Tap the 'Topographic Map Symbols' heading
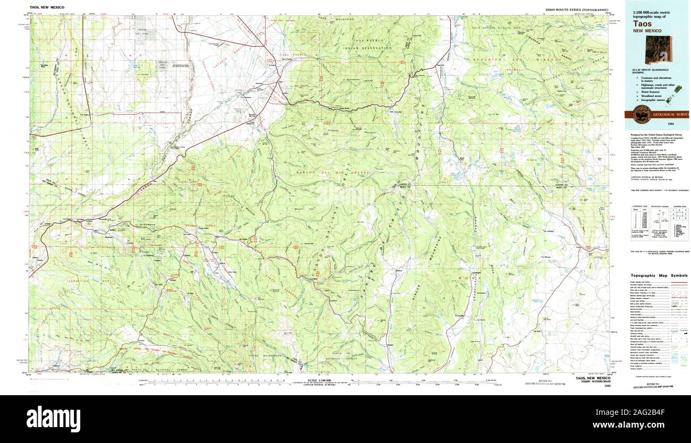click(659, 276)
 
